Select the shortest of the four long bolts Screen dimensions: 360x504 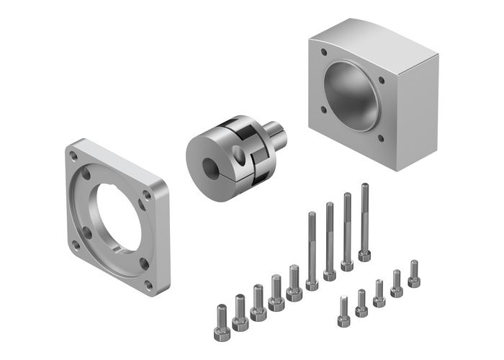coord(312,248)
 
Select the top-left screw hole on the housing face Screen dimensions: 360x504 coord(321,53)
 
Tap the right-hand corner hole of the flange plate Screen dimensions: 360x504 coord(147,194)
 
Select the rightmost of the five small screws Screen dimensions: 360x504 coord(413,274)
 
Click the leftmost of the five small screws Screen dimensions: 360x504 coord(343,311)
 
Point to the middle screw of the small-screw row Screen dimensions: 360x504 coord(379,292)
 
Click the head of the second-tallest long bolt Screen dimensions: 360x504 coord(347,265)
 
